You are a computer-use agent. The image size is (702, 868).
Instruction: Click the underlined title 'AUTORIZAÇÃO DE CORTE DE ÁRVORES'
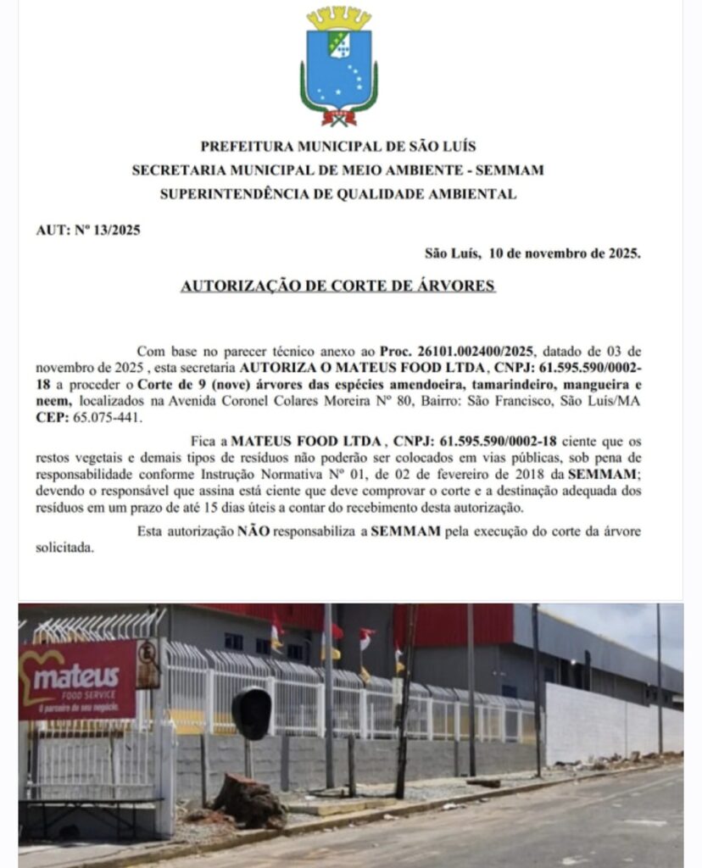pyautogui.click(x=337, y=286)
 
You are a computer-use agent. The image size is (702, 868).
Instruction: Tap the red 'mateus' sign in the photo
pyautogui.click(x=77, y=679)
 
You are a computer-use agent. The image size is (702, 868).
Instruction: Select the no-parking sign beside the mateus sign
pyautogui.click(x=148, y=663)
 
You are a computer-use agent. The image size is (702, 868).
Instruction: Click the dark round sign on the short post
pyautogui.click(x=252, y=713)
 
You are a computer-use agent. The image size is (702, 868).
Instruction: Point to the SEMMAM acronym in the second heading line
pyautogui.click(x=511, y=170)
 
